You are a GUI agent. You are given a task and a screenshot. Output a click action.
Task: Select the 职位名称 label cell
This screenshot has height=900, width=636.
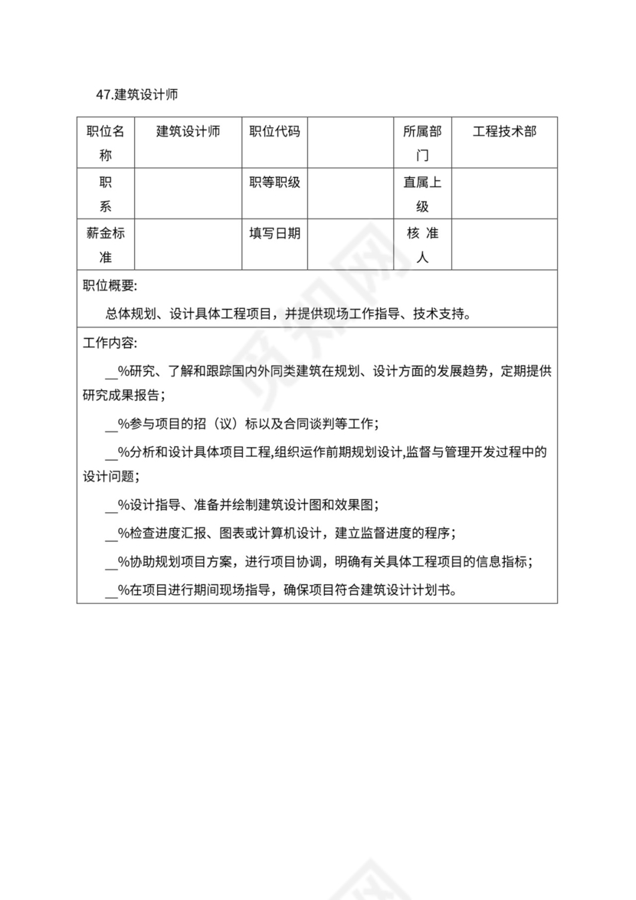pyautogui.click(x=106, y=143)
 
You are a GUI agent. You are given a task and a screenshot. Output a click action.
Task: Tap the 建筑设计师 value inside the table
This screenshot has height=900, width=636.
pyautogui.click(x=189, y=132)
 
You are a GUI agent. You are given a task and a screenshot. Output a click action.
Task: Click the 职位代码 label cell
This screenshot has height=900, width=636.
pyautogui.click(x=275, y=132)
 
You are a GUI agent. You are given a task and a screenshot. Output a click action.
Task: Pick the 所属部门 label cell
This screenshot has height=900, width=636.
pyautogui.click(x=422, y=143)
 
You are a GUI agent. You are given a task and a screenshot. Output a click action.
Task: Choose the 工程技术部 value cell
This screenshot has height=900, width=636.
pyautogui.click(x=504, y=132)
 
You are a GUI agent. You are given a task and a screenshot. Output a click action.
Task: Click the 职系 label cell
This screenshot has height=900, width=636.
pyautogui.click(x=106, y=195)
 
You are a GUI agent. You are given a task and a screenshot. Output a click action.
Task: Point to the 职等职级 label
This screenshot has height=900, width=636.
pyautogui.click(x=275, y=183)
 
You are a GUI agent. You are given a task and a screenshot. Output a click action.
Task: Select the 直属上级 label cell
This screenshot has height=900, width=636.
pyautogui.click(x=422, y=195)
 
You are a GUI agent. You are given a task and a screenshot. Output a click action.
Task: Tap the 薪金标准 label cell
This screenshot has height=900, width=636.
pyautogui.click(x=106, y=245)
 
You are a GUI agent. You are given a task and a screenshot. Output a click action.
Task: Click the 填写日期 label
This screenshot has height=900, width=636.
pyautogui.click(x=275, y=234)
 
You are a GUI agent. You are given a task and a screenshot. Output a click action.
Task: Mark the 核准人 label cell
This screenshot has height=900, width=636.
pyautogui.click(x=422, y=245)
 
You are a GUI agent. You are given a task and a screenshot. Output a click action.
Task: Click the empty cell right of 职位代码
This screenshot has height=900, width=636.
pyautogui.click(x=350, y=143)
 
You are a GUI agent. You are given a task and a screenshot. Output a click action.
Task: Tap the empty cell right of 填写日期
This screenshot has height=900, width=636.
pyautogui.click(x=350, y=245)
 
